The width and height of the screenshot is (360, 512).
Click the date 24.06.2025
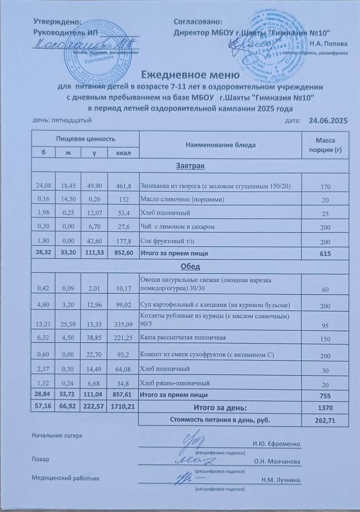tap(328, 120)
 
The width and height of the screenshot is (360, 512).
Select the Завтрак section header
tap(190, 166)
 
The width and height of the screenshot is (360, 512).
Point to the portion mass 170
tap(325, 186)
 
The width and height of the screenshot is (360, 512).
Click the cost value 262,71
tap(325, 420)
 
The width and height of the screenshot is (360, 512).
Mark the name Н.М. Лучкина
tap(281, 480)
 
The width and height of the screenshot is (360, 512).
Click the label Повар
tap(39, 459)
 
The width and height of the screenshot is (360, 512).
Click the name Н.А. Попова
tap(329, 44)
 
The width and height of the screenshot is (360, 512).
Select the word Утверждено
tap(58, 22)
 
